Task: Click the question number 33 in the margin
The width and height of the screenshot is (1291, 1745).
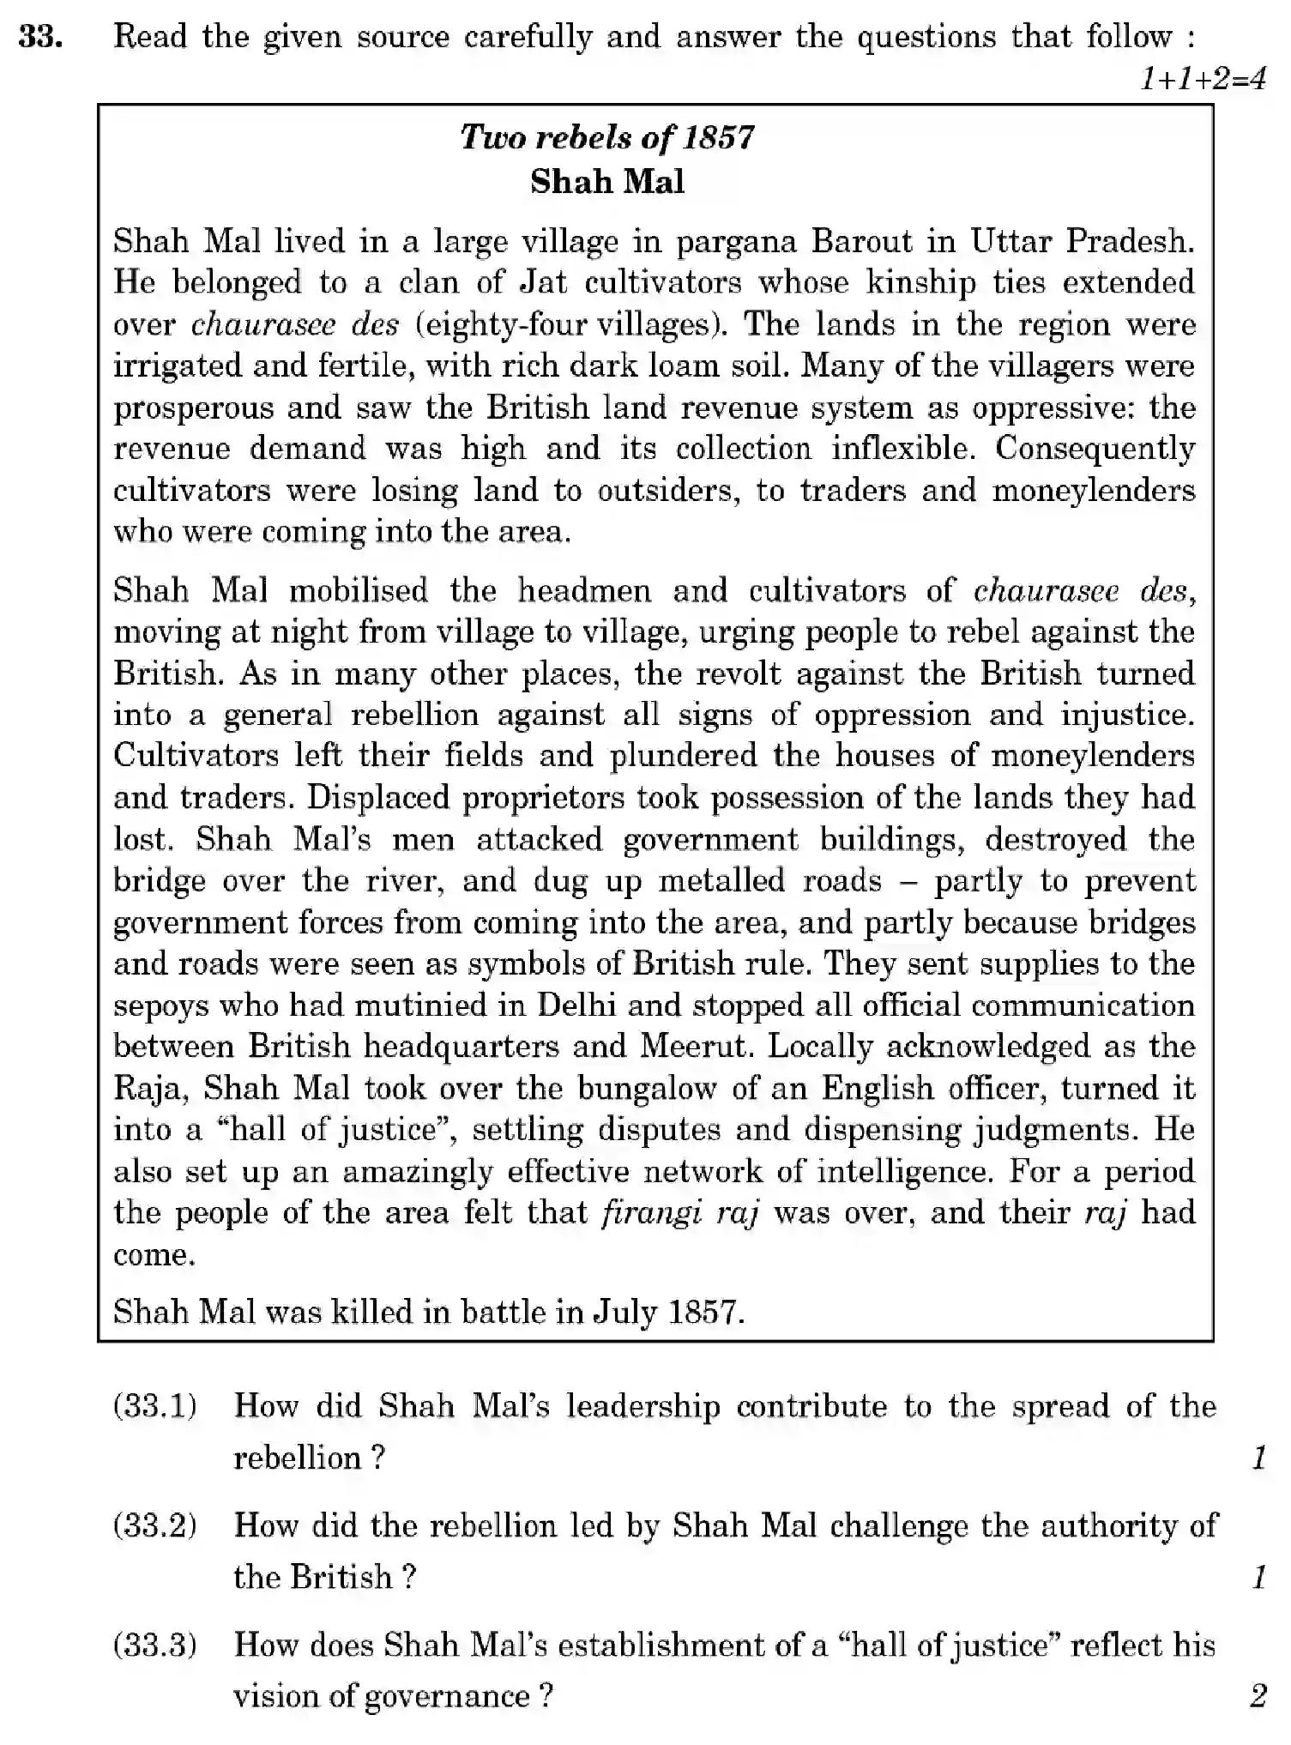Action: pos(39,38)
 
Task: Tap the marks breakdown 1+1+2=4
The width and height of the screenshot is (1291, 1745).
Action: pos(1202,80)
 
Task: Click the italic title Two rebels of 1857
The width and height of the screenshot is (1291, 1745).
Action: pos(607,137)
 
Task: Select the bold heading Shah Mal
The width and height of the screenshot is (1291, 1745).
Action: pos(607,182)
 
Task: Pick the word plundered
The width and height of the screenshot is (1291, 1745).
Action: pos(684,756)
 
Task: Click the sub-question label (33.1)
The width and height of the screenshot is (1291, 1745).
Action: pos(154,1406)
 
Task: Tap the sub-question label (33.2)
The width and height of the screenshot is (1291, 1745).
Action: pos(154,1525)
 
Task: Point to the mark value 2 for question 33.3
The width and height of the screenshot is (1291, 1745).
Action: pos(1258,1696)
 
